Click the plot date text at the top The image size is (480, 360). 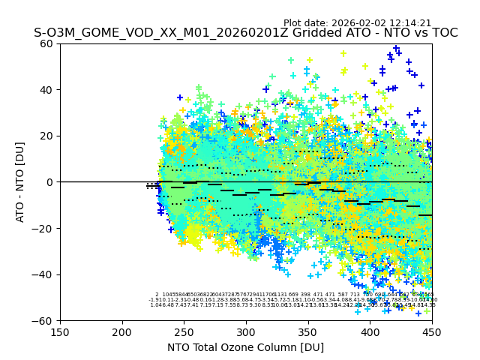357,23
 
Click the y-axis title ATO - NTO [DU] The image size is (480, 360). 20,182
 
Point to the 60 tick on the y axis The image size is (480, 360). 46,43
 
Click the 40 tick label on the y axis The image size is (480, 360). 46,90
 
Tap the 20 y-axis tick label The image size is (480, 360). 46,136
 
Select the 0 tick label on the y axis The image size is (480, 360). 49,182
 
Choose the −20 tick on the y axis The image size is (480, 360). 43,229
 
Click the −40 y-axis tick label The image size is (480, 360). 43,274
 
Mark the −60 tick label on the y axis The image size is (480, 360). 43,321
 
